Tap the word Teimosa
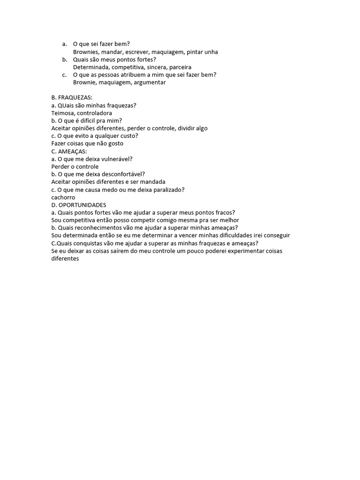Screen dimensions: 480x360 coord(62,113)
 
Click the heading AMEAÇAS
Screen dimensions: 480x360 coord(72,151)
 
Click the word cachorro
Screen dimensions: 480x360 coord(63,197)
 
